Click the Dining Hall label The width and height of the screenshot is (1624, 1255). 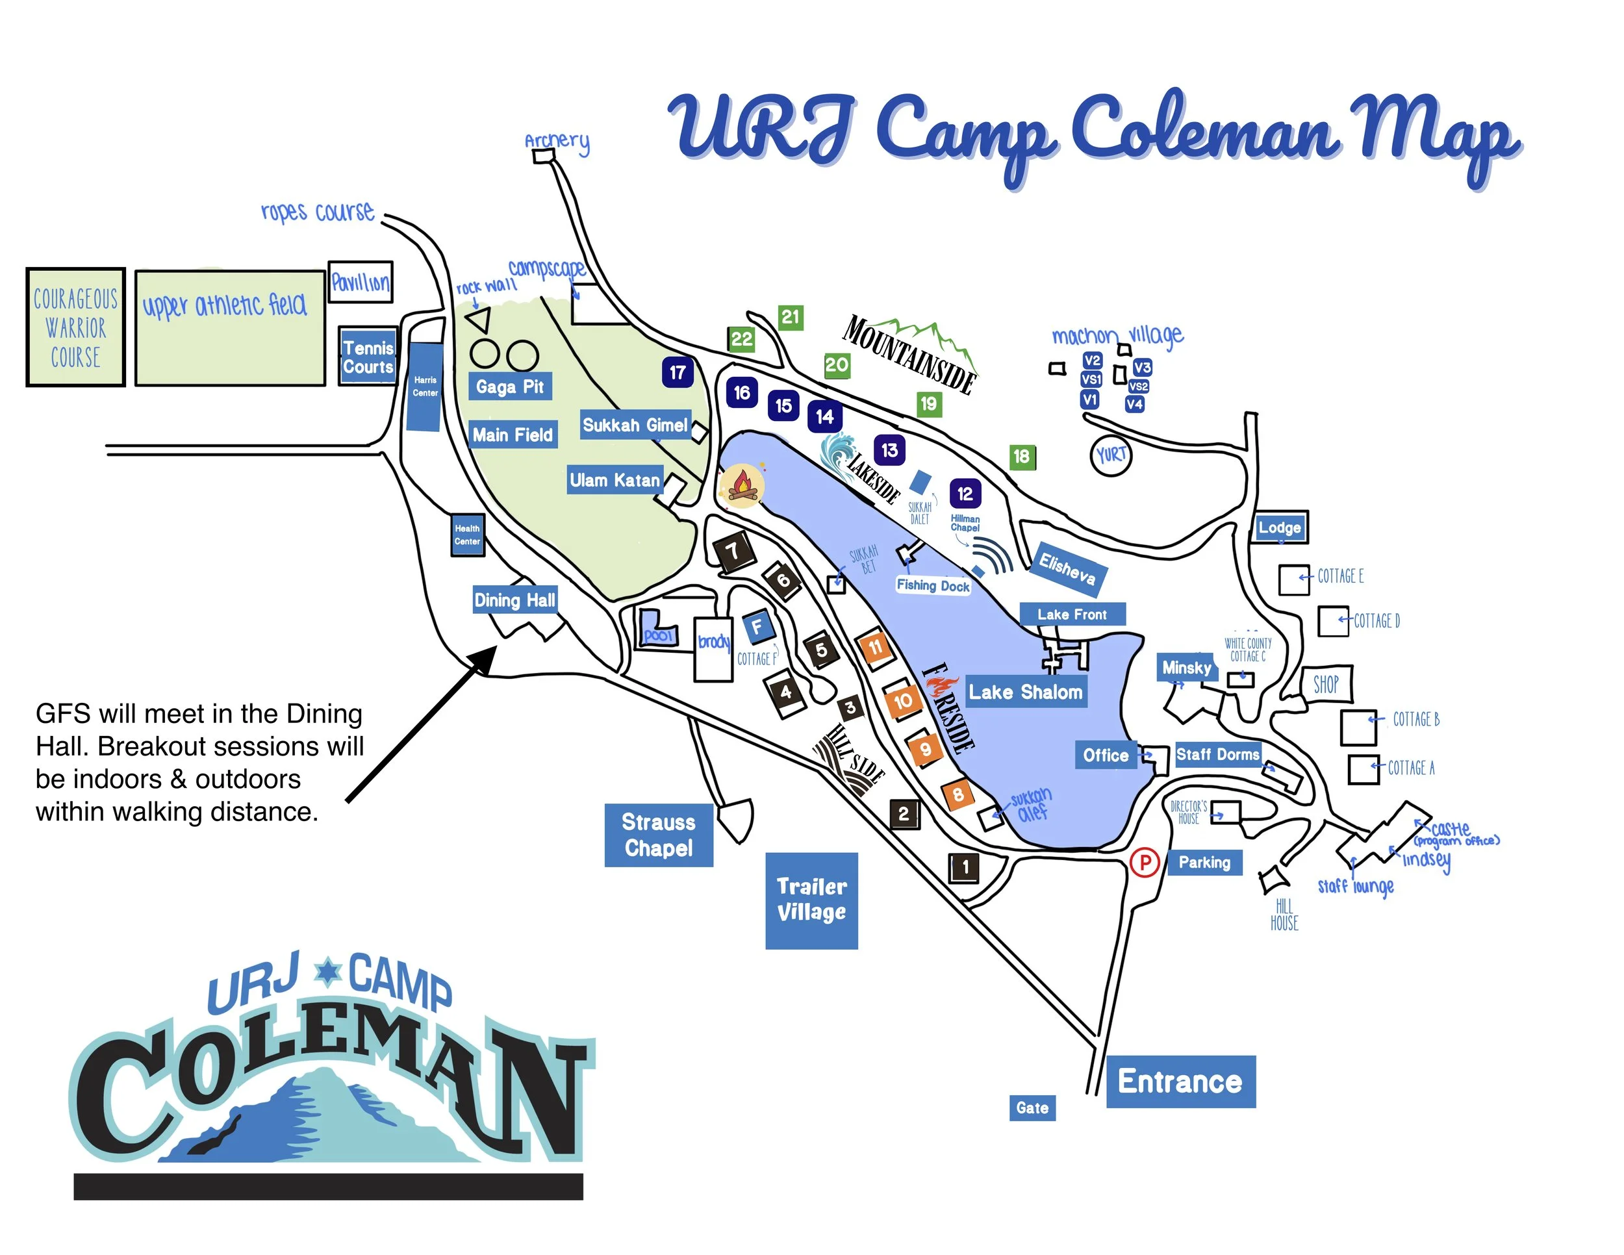514,600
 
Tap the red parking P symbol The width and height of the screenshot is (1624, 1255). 1145,863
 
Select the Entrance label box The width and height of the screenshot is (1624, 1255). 1180,1081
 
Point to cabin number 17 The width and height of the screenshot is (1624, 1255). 678,372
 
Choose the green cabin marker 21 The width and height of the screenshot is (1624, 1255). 790,318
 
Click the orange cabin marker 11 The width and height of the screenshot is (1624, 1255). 875,647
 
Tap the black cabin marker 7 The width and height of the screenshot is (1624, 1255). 733,551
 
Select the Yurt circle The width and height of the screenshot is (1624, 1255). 1111,455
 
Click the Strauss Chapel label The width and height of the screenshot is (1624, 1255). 659,835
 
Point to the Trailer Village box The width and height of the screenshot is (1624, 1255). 811,900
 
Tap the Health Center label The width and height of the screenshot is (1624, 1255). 468,535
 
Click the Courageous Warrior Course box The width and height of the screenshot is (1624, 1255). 76,327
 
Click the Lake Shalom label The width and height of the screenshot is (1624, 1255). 1026,692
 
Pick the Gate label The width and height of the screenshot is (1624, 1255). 1032,1108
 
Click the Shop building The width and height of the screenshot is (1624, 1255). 1326,684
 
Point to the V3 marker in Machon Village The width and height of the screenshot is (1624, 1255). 1142,367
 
